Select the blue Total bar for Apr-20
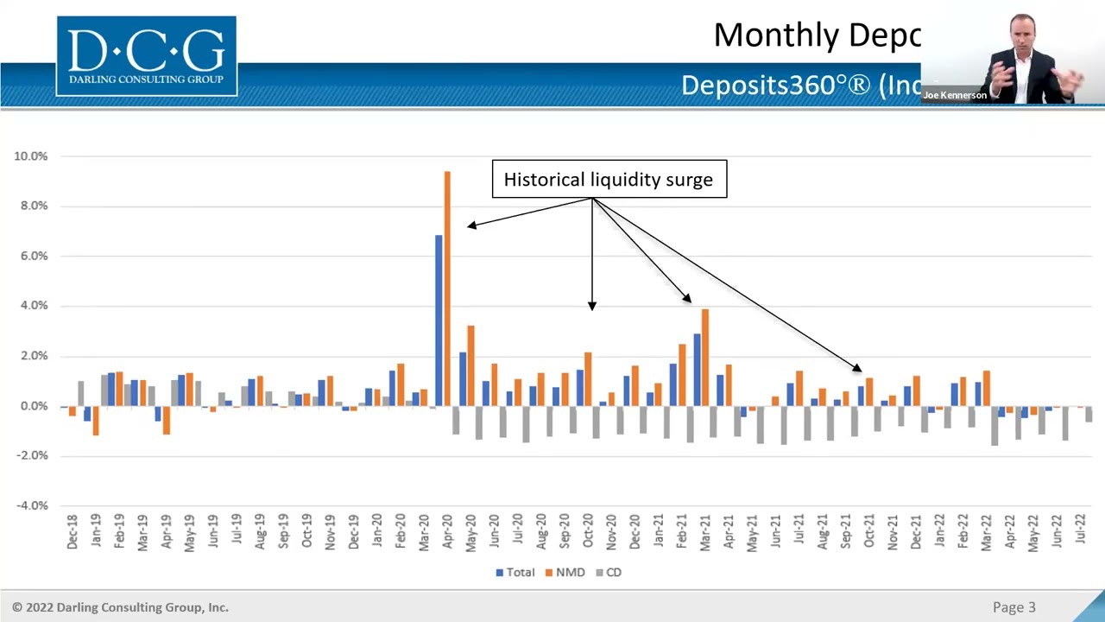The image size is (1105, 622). click(x=439, y=320)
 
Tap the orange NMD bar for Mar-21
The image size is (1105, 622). click(x=705, y=357)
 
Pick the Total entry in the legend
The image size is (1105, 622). click(x=515, y=572)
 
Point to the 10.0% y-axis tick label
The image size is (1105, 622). click(x=31, y=156)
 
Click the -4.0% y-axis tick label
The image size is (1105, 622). click(x=31, y=505)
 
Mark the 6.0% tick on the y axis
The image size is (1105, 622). click(x=31, y=256)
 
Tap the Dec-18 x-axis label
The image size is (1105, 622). click(x=73, y=532)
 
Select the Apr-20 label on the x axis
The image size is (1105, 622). click(x=447, y=532)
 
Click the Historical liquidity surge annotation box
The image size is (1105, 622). click(x=609, y=180)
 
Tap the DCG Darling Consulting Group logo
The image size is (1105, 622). click(x=147, y=56)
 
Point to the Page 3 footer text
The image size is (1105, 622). click(x=1013, y=607)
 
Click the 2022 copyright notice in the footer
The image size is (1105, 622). click(x=120, y=607)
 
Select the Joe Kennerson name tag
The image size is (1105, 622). click(x=955, y=95)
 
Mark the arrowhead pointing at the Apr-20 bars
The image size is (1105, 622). click(x=470, y=225)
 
